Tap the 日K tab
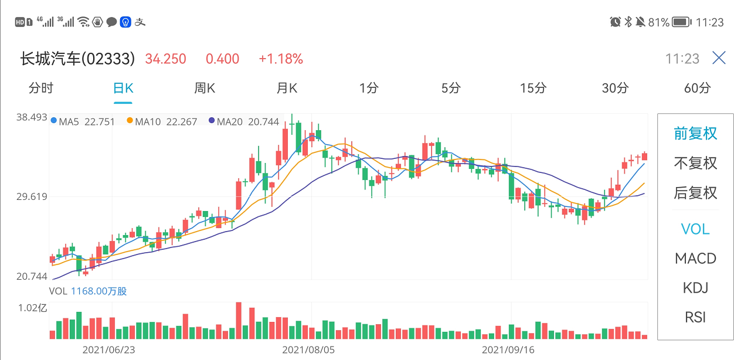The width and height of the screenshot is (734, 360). (x=123, y=89)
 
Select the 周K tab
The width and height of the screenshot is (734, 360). (x=205, y=89)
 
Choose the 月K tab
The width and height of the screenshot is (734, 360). (x=287, y=89)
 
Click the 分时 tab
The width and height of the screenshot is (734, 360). (x=41, y=89)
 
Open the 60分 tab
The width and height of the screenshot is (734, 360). (x=697, y=89)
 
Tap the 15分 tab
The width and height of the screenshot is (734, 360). (x=533, y=89)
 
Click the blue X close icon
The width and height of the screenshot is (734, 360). (x=719, y=58)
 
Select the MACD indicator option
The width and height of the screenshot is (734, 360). (x=695, y=259)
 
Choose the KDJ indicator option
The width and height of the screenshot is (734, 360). (x=695, y=288)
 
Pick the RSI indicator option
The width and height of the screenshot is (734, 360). (x=695, y=317)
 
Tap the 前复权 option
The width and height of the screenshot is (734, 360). (x=695, y=134)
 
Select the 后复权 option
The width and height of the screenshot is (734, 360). (x=695, y=193)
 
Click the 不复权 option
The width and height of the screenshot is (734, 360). (x=695, y=163)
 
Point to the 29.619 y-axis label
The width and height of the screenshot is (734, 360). (x=32, y=196)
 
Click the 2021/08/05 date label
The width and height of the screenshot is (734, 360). (x=308, y=350)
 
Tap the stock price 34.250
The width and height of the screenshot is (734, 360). (x=166, y=59)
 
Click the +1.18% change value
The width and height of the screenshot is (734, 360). (x=281, y=59)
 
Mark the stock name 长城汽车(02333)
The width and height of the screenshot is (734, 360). (x=78, y=59)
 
